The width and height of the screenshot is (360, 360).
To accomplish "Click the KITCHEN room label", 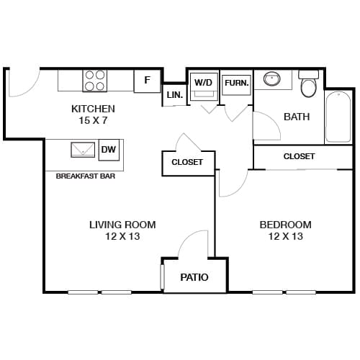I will (93, 109).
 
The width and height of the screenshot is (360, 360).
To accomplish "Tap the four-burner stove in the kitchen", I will (94, 80).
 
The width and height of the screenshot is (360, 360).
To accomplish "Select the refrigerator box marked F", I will (147, 80).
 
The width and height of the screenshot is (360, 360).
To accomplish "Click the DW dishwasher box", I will (109, 149).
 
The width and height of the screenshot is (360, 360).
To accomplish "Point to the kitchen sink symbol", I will (82, 150).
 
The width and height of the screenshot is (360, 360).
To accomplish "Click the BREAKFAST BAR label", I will (85, 176).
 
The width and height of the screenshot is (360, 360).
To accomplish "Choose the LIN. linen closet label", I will (174, 95).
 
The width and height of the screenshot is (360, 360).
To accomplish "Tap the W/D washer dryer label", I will (202, 82).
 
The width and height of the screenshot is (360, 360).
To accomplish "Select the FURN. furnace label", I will (236, 83).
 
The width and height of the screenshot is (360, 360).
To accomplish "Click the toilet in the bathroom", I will (309, 86).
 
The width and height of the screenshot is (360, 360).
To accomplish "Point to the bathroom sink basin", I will (272, 78).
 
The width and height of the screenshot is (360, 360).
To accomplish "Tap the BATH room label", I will (297, 117).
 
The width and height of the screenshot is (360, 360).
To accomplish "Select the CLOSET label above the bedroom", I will (299, 156).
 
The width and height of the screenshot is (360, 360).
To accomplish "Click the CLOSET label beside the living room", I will (186, 162).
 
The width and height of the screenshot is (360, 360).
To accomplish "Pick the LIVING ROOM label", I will (122, 225).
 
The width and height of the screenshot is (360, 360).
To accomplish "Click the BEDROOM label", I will (285, 225).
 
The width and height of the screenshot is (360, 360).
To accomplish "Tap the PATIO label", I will (194, 277).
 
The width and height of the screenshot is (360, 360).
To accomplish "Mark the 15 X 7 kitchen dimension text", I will (93, 120).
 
